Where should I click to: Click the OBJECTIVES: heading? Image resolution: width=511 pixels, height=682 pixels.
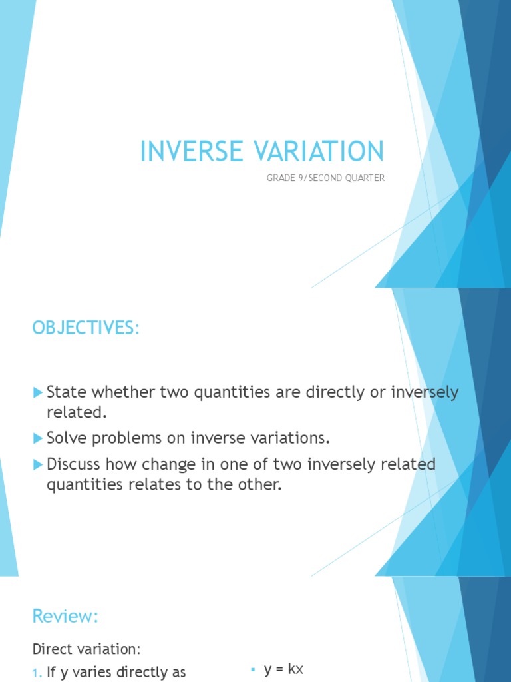click(86, 328)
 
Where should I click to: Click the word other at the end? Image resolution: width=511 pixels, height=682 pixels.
click(259, 484)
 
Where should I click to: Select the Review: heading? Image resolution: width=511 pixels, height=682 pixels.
click(65, 617)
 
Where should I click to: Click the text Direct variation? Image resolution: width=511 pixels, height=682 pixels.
click(86, 649)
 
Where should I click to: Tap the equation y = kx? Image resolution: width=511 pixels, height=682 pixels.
click(283, 670)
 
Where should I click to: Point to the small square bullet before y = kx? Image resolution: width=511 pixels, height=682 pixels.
click(254, 670)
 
